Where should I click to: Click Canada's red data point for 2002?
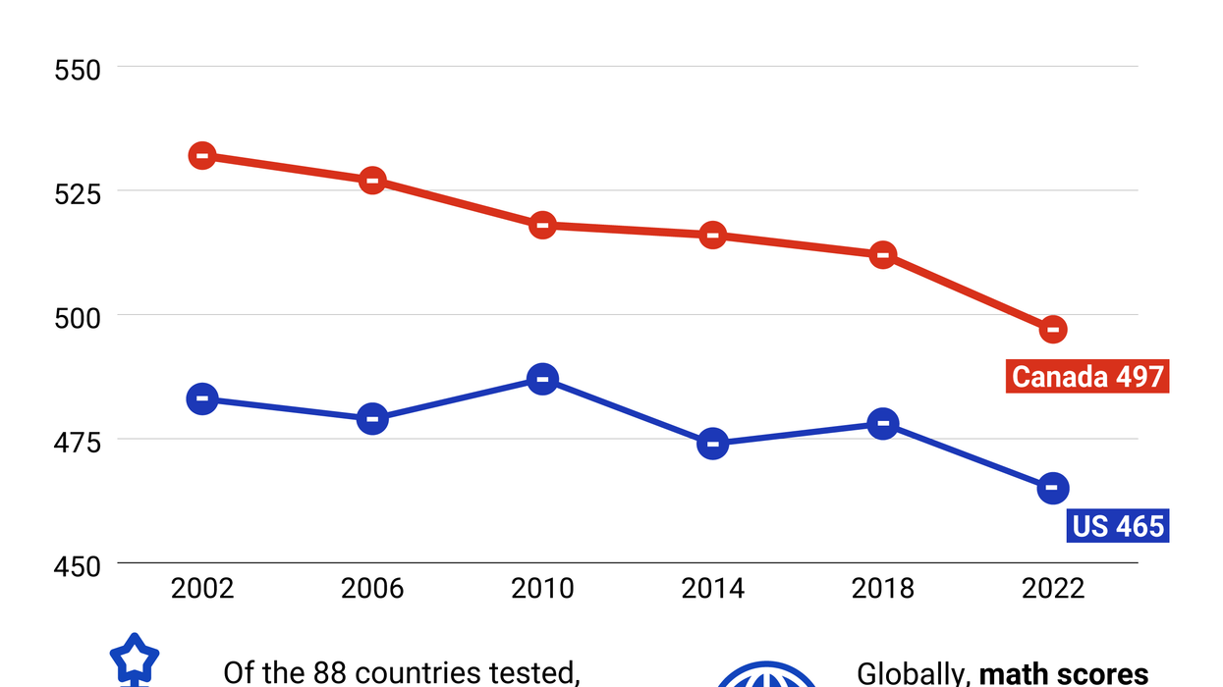tap(202, 155)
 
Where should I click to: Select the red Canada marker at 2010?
tap(542, 225)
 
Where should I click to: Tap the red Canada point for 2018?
tap(883, 254)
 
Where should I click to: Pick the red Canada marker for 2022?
tap(1053, 329)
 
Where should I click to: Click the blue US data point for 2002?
tap(202, 398)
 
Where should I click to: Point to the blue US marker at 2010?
tap(542, 379)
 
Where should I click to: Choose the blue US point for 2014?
tap(712, 444)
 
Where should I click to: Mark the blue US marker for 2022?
tap(1053, 488)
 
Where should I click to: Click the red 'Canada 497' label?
tap(1087, 376)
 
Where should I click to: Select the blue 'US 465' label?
tap(1118, 526)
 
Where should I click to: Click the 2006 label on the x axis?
tap(372, 588)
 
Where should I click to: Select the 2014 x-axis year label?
tap(712, 588)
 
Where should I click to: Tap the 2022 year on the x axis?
tap(1053, 588)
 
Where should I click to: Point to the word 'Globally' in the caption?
tap(913, 674)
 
